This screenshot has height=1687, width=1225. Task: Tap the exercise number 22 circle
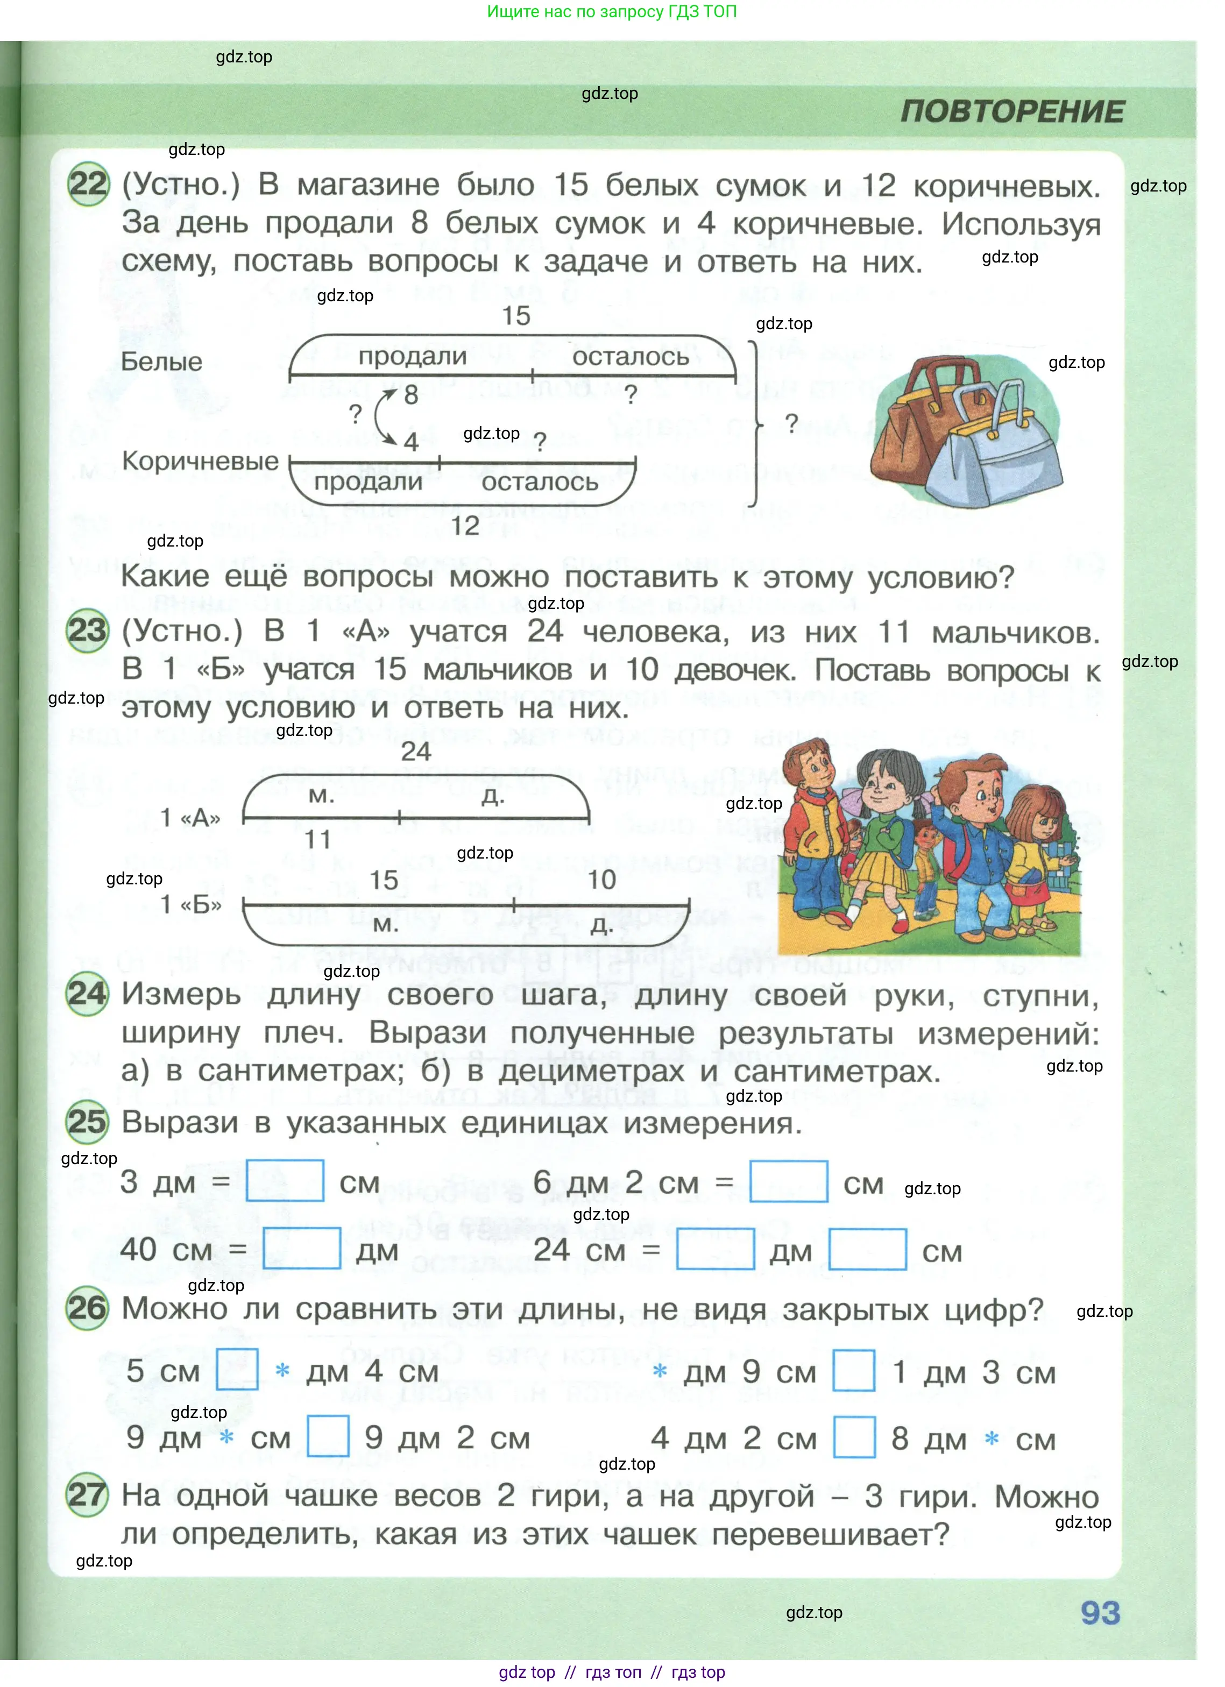coord(88,184)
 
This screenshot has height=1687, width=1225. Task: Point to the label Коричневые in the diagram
coord(200,460)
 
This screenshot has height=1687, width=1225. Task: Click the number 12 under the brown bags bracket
coord(465,527)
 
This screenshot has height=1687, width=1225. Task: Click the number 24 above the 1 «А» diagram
coord(416,752)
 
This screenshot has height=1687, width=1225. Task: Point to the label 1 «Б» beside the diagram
coord(191,904)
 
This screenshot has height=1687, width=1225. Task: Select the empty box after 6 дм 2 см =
coord(788,1181)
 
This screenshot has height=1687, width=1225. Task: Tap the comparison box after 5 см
coord(237,1370)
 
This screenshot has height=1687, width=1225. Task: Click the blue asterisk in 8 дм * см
coord(991,1438)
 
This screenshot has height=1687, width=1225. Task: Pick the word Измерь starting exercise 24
coord(181,995)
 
